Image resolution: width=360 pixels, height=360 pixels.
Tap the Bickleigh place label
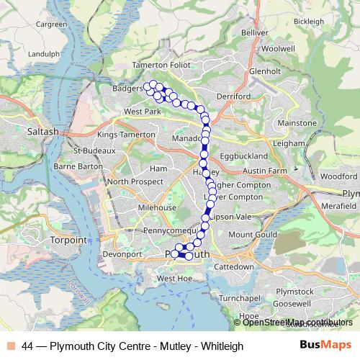pyautogui.click(x=309, y=22)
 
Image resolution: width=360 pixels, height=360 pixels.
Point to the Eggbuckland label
pyautogui.click(x=243, y=156)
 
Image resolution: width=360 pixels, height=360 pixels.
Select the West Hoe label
pyautogui.click(x=175, y=278)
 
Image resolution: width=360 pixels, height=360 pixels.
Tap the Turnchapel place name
pyautogui.click(x=239, y=297)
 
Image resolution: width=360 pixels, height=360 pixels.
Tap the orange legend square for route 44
pyautogui.click(x=10, y=346)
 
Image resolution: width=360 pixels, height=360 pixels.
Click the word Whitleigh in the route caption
pyautogui.click(x=222, y=346)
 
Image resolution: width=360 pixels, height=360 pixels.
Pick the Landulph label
pyautogui.click(x=43, y=54)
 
